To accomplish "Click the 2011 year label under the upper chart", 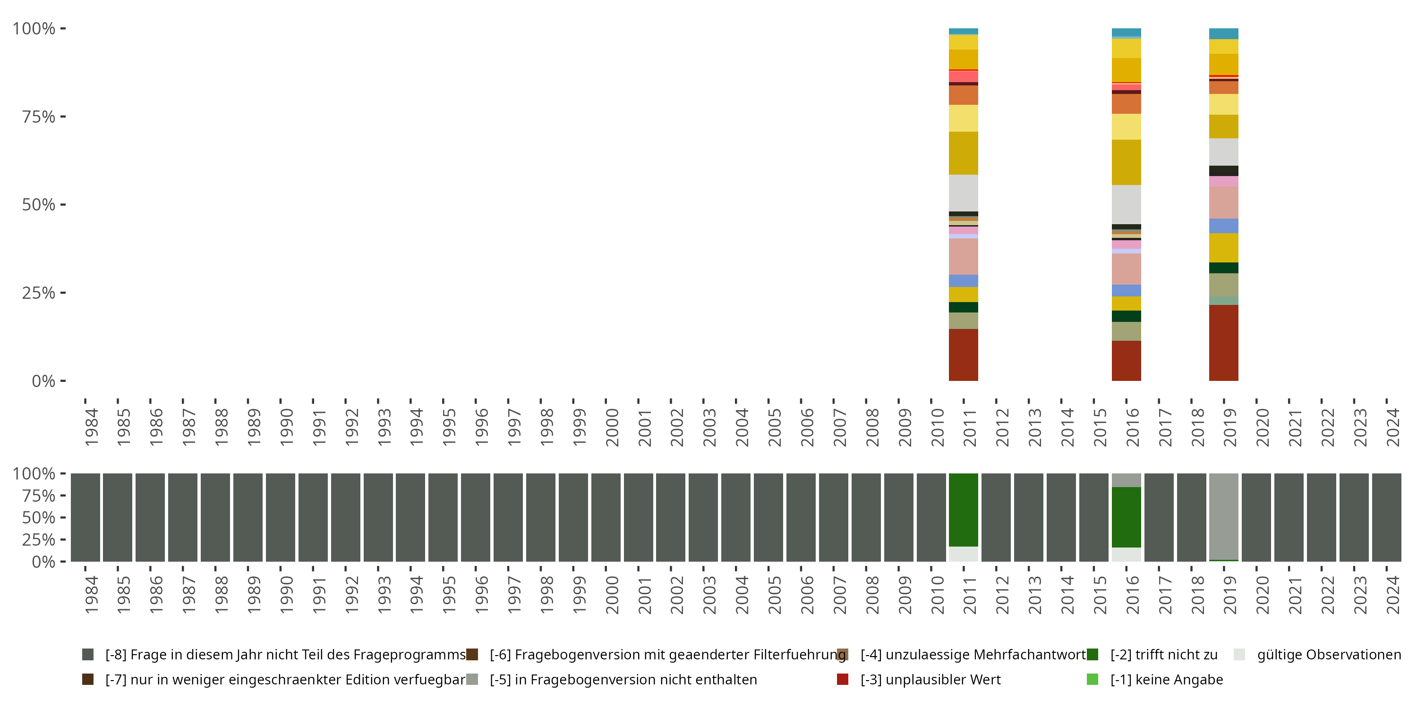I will point(970,428).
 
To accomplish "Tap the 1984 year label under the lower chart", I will point(91,595).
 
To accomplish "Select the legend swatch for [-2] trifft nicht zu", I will point(1093,655).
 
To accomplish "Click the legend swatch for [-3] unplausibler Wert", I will point(842,679).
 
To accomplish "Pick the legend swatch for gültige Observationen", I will point(1239,655).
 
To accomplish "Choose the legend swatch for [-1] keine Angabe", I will point(1093,679).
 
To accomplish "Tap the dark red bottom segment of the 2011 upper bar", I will point(963,354).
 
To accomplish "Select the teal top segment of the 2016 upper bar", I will point(1126,32).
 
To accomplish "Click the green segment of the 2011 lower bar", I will point(963,510).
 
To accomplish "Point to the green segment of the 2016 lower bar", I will point(1126,517).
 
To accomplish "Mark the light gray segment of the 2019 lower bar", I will point(1223,515).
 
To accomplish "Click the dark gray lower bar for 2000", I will point(606,517).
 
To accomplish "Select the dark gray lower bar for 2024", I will point(1386,517).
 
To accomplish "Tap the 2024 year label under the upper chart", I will point(1393,428).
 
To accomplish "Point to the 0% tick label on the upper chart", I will point(43,381).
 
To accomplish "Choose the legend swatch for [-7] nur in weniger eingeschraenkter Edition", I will point(87,679).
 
